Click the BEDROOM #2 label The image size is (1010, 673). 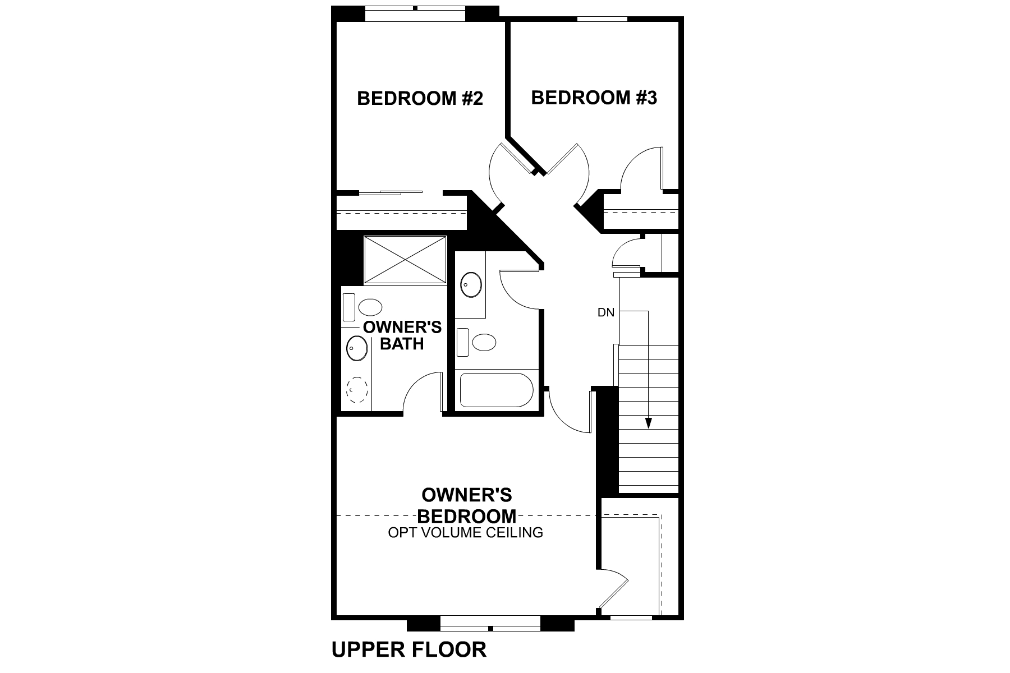click(x=420, y=99)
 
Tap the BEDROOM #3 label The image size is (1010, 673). click(x=594, y=98)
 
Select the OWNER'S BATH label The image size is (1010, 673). click(x=402, y=335)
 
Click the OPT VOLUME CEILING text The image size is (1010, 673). click(x=466, y=532)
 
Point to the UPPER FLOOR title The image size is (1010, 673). click(x=409, y=649)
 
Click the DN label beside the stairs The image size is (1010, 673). click(x=606, y=313)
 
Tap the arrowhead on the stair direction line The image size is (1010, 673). click(x=648, y=423)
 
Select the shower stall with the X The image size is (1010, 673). click(x=405, y=260)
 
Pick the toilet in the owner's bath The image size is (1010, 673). click(x=364, y=307)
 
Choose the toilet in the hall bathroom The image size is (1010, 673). click(x=477, y=342)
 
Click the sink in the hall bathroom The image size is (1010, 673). click(x=471, y=285)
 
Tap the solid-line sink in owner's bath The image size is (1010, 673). click(x=357, y=349)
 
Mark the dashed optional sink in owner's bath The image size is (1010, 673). click(x=357, y=389)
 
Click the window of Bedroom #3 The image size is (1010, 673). click(x=602, y=19)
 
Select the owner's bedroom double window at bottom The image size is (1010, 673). click(x=490, y=623)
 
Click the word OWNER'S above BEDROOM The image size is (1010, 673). click(x=466, y=495)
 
